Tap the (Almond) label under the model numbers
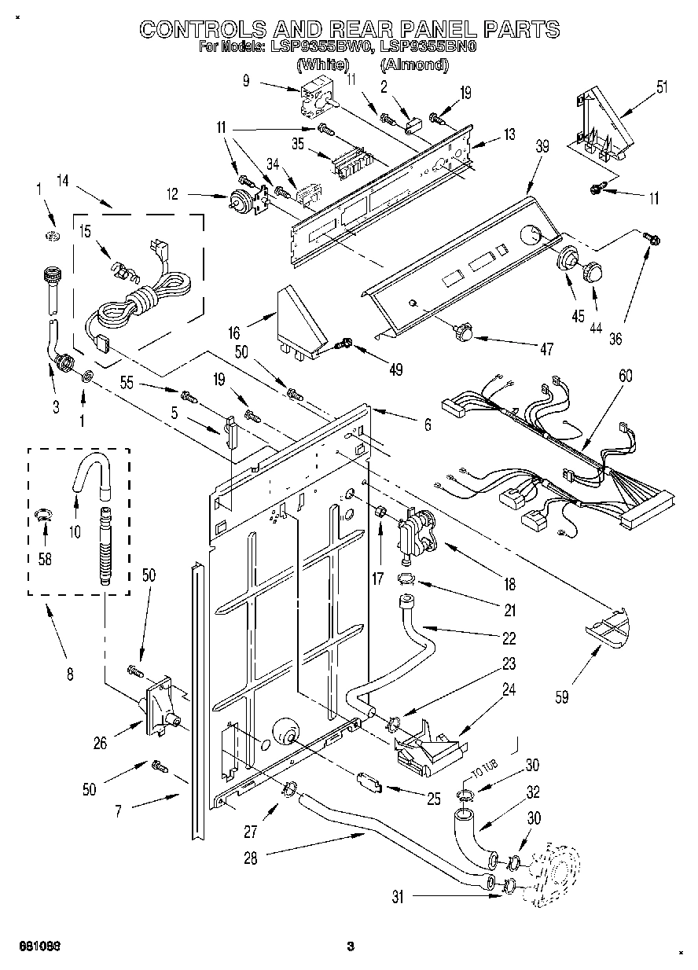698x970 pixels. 413,65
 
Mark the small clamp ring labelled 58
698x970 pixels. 44,515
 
